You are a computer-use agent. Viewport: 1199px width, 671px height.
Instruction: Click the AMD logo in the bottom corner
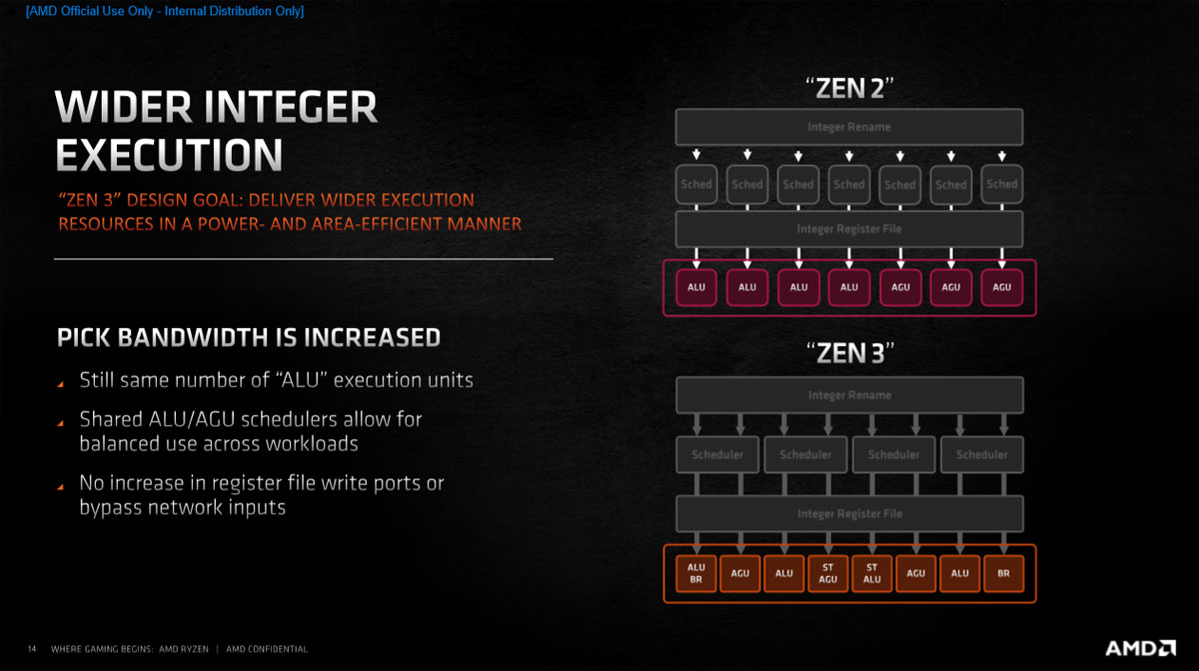(1140, 648)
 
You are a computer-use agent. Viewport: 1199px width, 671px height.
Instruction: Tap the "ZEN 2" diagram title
(849, 88)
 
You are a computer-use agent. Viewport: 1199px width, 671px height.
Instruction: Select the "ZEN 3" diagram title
(849, 353)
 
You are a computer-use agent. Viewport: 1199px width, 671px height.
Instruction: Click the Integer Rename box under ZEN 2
(849, 127)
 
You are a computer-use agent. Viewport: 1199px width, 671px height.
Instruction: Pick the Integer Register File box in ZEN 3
(849, 514)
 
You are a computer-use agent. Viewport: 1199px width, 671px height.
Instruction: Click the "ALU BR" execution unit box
(695, 573)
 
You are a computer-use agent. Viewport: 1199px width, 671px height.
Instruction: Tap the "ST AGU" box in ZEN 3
(827, 573)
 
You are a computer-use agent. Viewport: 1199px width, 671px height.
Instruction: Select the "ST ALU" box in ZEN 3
(871, 573)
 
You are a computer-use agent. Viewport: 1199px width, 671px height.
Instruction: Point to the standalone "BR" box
(1003, 573)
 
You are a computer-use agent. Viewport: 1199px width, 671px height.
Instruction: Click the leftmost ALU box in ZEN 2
(695, 288)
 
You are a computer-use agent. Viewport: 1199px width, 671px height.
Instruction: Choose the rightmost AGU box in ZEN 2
(1001, 288)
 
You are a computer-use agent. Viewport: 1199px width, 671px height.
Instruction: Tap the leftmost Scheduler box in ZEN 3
(717, 455)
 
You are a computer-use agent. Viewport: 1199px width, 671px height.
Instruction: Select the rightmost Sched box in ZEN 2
(1001, 184)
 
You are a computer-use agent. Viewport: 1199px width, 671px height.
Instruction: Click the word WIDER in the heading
(123, 107)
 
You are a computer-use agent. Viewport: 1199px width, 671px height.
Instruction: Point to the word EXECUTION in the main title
(169, 155)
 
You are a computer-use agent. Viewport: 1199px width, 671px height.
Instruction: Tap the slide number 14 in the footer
(32, 649)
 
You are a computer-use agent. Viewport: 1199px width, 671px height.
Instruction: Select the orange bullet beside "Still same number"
(61, 384)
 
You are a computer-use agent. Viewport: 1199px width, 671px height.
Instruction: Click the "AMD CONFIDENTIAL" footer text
(267, 649)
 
